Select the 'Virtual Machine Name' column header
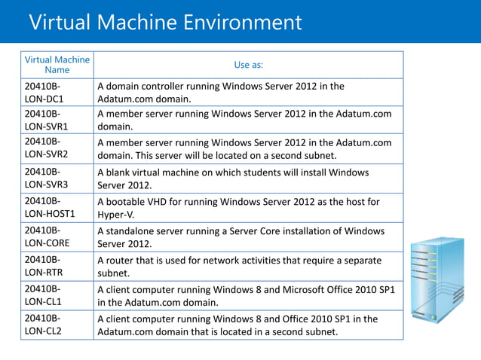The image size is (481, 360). click(57, 65)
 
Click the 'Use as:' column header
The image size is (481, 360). click(248, 65)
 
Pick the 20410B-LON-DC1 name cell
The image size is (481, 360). click(45, 92)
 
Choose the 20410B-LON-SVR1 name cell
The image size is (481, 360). click(46, 121)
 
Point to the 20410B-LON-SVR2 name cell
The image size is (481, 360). click(46, 148)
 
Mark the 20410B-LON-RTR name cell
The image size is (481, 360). click(44, 266)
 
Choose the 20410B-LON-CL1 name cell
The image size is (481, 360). click(44, 295)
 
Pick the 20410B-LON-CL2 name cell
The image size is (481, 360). click(44, 325)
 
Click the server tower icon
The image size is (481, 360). click(437, 279)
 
